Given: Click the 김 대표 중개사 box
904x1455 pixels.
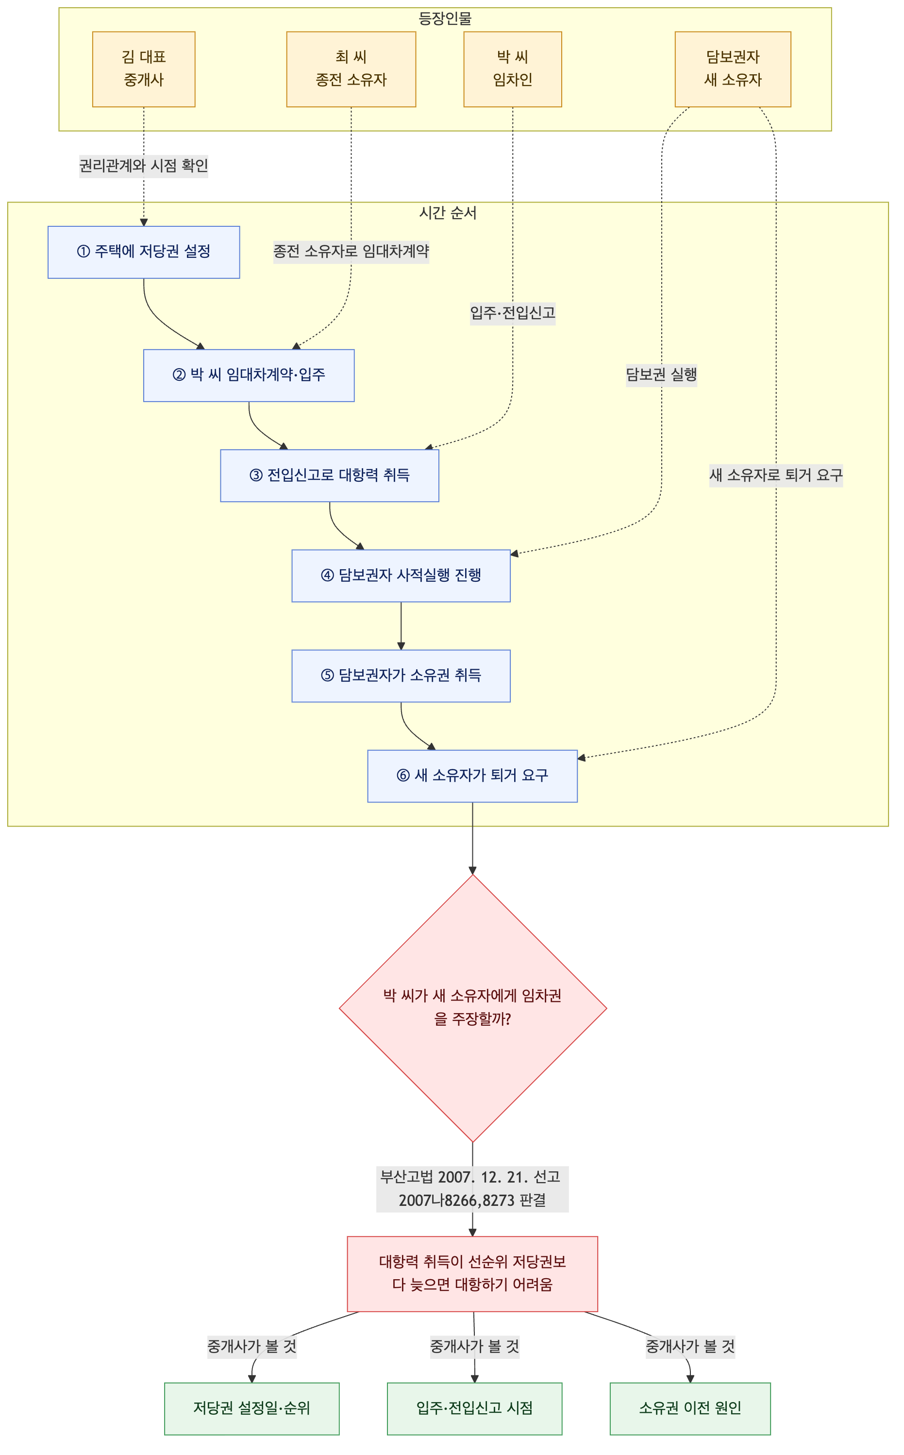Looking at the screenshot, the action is pos(144,69).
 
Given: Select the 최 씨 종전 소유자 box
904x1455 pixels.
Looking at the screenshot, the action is pos(351,69).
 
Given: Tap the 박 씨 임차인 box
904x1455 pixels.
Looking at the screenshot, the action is pos(512,69).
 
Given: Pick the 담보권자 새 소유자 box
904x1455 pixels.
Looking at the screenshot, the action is pos(733,69).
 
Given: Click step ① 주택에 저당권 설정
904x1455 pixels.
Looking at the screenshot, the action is pos(144,252).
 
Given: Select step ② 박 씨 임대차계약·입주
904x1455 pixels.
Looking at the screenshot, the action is pos(249,375).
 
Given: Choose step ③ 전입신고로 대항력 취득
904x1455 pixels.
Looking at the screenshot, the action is pos(330,475).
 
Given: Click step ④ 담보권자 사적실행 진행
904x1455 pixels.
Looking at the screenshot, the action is pos(401,575).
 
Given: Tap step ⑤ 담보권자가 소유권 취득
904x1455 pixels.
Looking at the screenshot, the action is pos(401,676).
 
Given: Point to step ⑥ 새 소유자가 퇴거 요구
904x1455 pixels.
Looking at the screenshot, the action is pos(472,776).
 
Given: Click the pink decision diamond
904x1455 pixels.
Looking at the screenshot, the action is pos(472,1008).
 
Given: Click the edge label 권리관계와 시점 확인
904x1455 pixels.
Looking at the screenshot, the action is pos(144,166).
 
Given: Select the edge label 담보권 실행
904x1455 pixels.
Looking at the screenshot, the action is pos(661,375).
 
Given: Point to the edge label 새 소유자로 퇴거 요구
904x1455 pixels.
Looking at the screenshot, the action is pos(775,475).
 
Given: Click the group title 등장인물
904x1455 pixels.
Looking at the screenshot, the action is pos(445,18).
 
